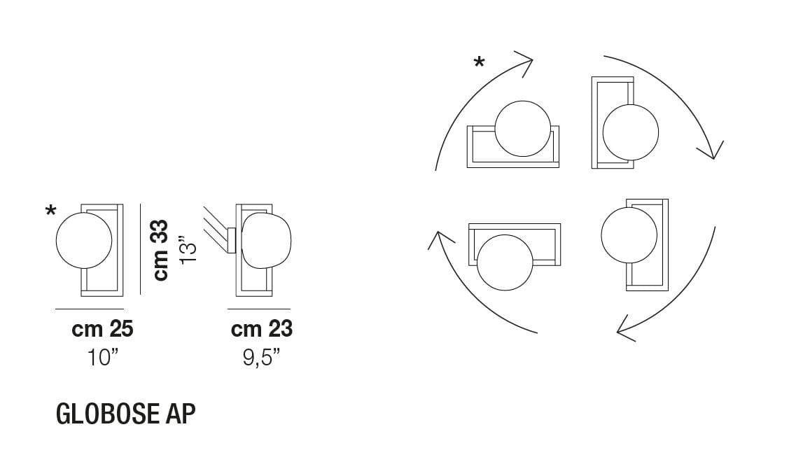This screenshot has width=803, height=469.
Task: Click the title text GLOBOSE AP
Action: click(x=125, y=414)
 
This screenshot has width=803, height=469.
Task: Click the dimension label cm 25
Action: click(x=102, y=329)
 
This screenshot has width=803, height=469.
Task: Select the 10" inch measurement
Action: click(x=103, y=358)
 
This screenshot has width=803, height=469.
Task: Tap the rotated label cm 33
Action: click(x=161, y=250)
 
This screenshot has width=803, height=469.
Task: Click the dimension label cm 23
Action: click(x=262, y=329)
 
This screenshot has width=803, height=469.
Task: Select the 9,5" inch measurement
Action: click(x=261, y=358)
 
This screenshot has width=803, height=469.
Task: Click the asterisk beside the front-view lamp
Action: click(x=50, y=211)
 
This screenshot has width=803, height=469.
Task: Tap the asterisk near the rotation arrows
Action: click(x=479, y=62)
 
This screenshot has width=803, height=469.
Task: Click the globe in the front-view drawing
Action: click(x=84, y=241)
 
